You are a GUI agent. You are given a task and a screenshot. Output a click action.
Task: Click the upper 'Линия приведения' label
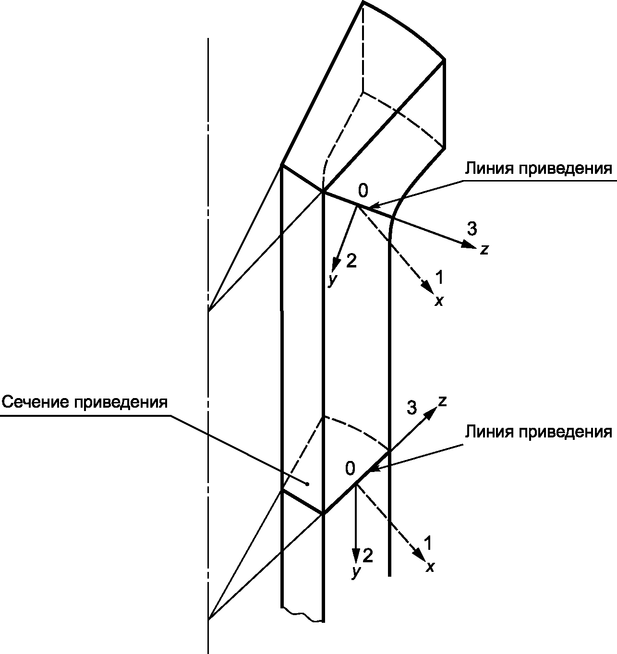pos(538,169)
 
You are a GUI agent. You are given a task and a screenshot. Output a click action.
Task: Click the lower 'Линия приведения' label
pos(538,432)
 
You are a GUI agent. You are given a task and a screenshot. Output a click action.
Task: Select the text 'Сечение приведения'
pos(85,401)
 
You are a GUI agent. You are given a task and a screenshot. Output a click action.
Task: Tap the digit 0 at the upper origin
pos(363,191)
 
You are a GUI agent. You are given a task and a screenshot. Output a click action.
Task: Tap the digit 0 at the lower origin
pos(351,467)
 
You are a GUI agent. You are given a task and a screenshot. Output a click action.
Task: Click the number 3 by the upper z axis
pos(472,230)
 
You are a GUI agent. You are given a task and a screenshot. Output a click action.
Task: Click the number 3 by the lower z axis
pos(411,408)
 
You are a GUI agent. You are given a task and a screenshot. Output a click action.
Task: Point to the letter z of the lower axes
pos(443,401)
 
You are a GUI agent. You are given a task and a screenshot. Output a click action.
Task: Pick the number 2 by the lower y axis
pos(367,556)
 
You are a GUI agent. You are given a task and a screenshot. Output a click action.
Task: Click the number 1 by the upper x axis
pos(439,277)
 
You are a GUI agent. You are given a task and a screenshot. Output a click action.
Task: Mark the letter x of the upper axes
pos(438,301)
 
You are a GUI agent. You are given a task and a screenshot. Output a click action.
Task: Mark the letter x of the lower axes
pos(430,567)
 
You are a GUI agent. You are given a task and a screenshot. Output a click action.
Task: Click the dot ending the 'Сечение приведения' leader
pos(308,484)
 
